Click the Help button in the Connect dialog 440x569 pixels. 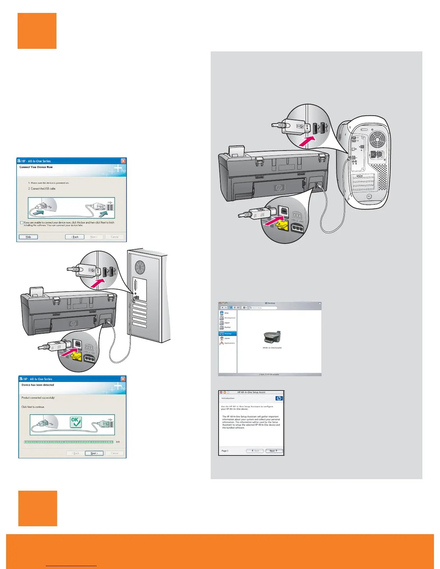coord(28,237)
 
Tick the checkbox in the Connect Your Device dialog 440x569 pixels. coord(22,223)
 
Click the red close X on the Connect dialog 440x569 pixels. coord(123,161)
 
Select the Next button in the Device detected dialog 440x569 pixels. coord(94,453)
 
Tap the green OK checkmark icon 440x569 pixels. coord(75,422)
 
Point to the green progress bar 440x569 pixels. coord(69,442)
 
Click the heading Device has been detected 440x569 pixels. coord(38,385)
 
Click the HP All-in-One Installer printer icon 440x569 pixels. coord(272,338)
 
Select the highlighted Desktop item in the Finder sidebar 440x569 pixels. coord(228,334)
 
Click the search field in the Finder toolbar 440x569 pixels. coord(263,308)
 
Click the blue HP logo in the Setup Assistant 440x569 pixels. coord(279,398)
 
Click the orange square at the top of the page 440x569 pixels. coord(37,31)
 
